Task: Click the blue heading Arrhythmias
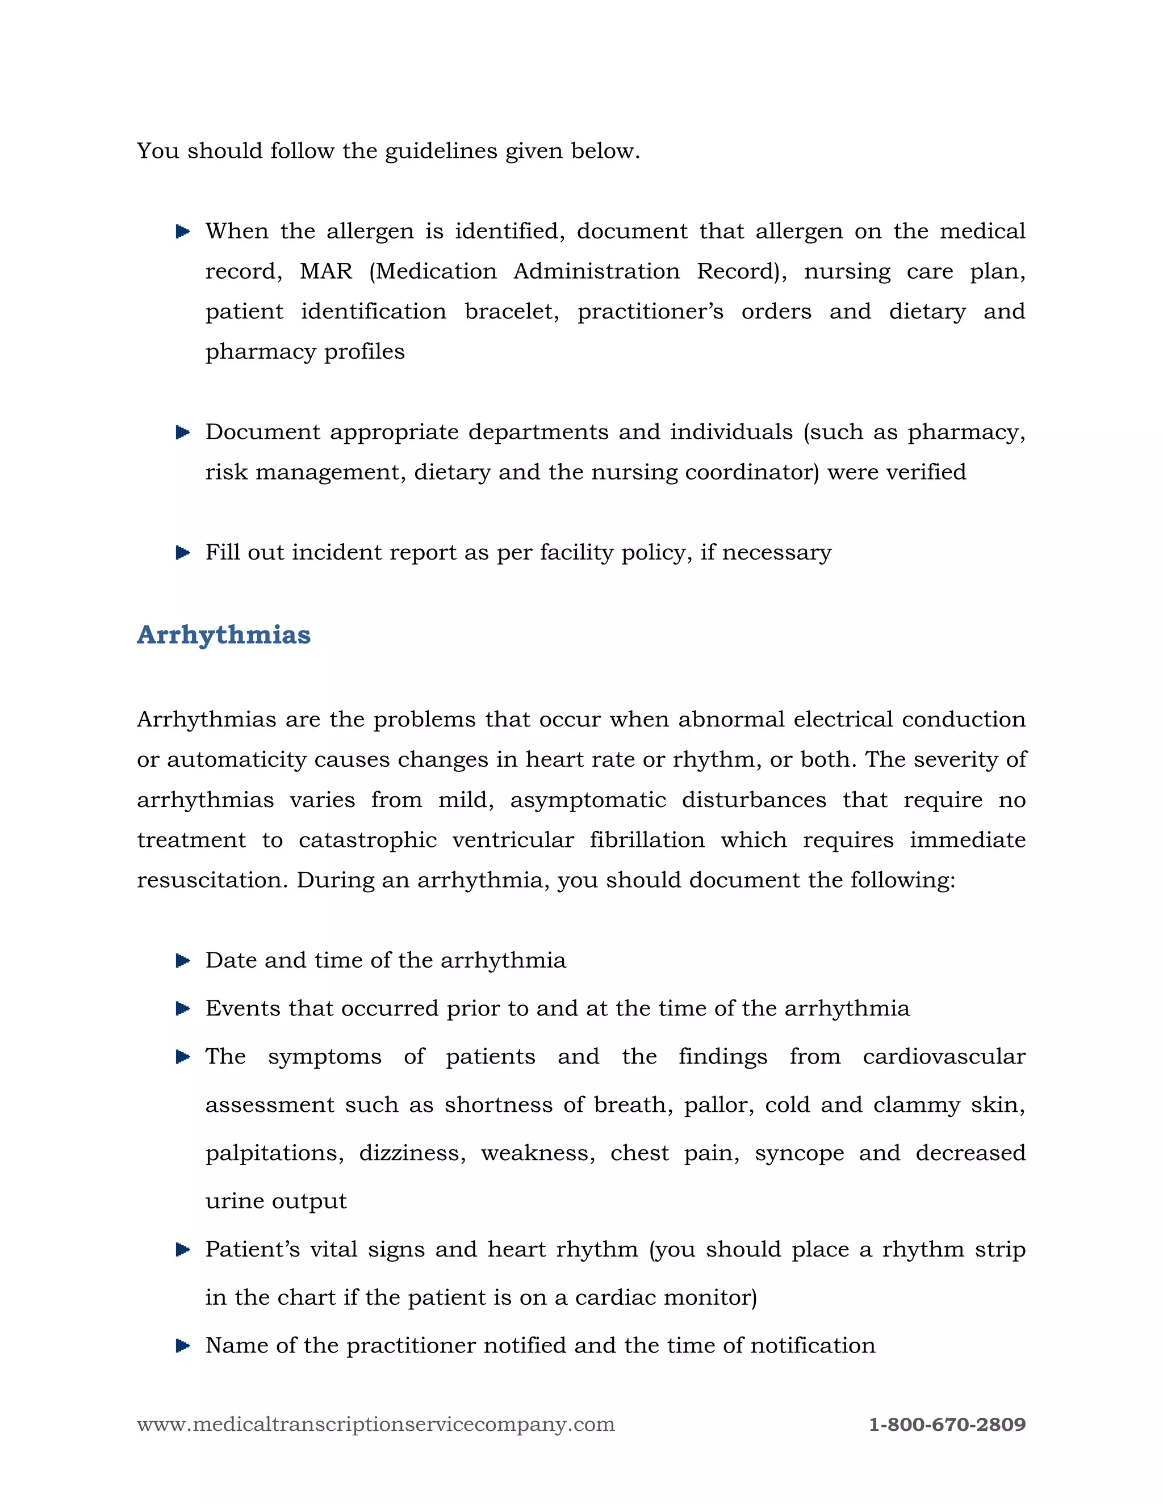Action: (x=223, y=635)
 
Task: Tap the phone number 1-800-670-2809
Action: (x=947, y=1424)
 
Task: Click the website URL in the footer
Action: (x=375, y=1424)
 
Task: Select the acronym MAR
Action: (x=326, y=271)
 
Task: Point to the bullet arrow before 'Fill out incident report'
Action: (x=183, y=552)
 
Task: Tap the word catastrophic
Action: (x=367, y=840)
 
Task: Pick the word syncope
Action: (x=799, y=1153)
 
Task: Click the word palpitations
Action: (x=274, y=1153)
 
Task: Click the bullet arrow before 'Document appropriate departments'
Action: (x=183, y=432)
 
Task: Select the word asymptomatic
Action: (x=588, y=800)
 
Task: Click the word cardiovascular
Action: (x=943, y=1056)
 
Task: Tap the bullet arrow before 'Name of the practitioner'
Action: (x=183, y=1345)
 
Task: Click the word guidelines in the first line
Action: (x=440, y=151)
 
